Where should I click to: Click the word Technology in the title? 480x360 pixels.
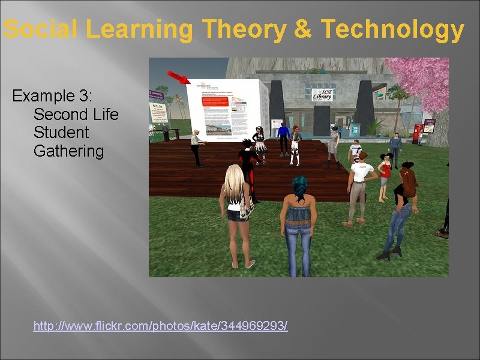(x=393, y=30)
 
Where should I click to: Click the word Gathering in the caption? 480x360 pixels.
(x=68, y=151)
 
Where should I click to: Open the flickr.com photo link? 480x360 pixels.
(x=160, y=326)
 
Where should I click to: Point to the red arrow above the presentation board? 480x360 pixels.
(x=178, y=77)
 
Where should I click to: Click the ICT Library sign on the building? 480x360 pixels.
(x=322, y=94)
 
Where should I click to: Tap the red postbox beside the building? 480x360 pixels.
(x=418, y=133)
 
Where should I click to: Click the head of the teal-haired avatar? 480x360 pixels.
(x=299, y=184)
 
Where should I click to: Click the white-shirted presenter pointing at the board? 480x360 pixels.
(x=196, y=147)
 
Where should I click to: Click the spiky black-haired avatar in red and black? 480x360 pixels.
(x=247, y=159)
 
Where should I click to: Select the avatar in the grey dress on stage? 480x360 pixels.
(x=333, y=144)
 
